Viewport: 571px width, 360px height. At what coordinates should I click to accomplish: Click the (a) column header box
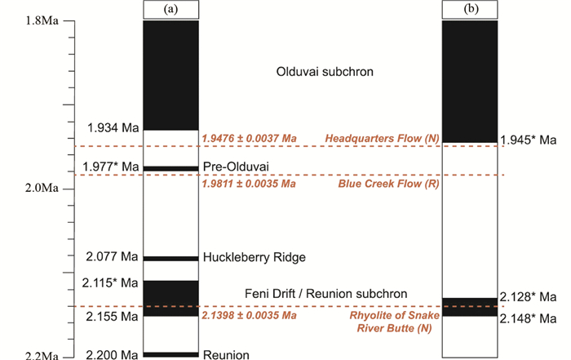click(170, 10)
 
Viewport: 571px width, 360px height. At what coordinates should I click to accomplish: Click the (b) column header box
click(469, 10)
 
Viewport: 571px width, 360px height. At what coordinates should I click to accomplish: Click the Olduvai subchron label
click(325, 72)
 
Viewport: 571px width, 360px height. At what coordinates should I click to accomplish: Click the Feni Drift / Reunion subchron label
click(325, 293)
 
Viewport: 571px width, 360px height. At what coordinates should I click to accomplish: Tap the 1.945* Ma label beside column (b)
click(529, 140)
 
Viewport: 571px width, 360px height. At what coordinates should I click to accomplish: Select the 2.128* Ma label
click(529, 296)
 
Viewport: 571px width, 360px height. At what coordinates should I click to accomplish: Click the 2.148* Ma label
click(529, 317)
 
